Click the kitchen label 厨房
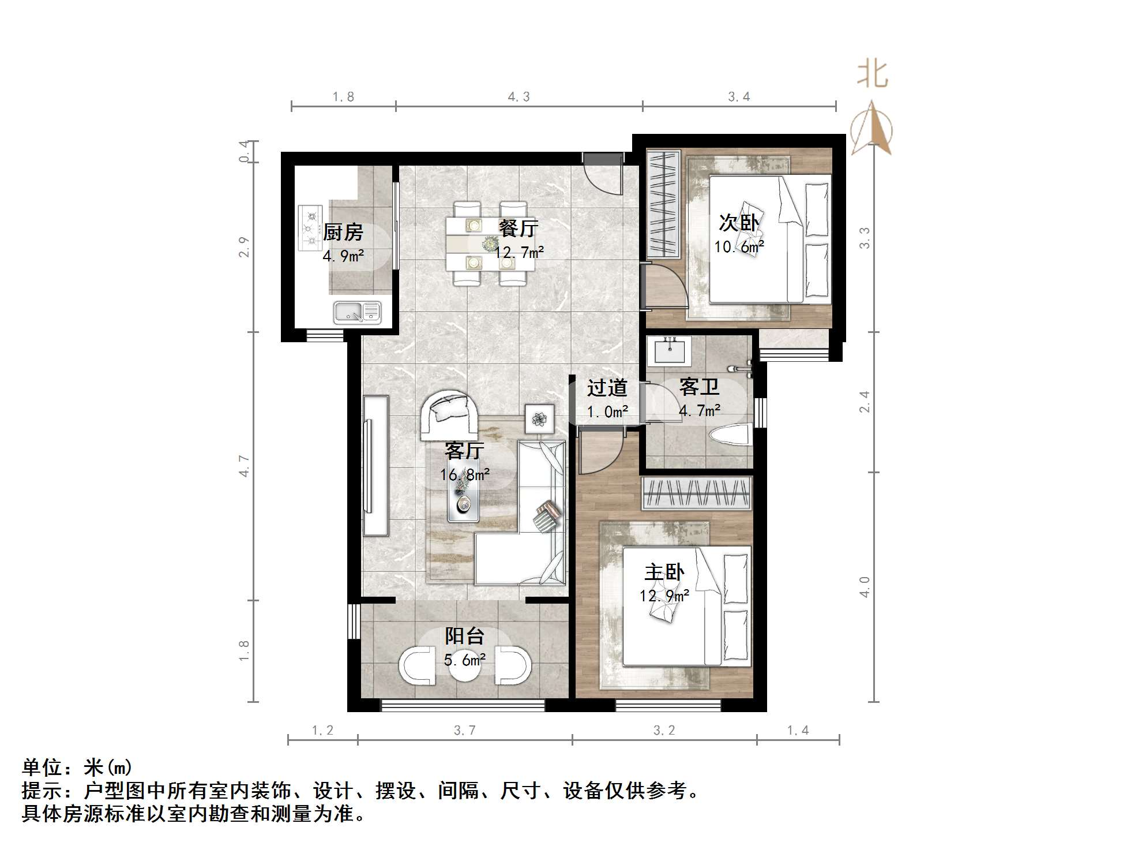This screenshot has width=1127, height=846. tap(343, 232)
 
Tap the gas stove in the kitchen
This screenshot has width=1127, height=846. tap(310, 228)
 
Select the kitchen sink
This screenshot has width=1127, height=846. tap(357, 312)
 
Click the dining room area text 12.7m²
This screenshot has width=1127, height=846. tap(519, 252)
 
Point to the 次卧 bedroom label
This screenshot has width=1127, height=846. tap(739, 222)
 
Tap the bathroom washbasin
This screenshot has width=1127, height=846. tap(669, 350)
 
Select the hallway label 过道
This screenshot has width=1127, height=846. tap(607, 388)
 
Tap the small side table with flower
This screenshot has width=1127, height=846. tap(539, 419)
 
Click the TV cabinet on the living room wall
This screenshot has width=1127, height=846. tap(375, 465)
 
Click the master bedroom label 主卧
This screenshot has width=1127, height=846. tap(664, 572)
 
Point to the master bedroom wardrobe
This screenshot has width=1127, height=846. tap(697, 493)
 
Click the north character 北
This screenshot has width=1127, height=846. tap(871, 75)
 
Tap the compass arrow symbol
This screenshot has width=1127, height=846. tap(872, 128)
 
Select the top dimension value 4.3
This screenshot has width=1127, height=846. tap(519, 97)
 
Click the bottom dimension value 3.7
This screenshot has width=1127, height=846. tap(464, 731)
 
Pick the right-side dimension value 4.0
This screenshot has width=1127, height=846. tap(864, 587)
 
